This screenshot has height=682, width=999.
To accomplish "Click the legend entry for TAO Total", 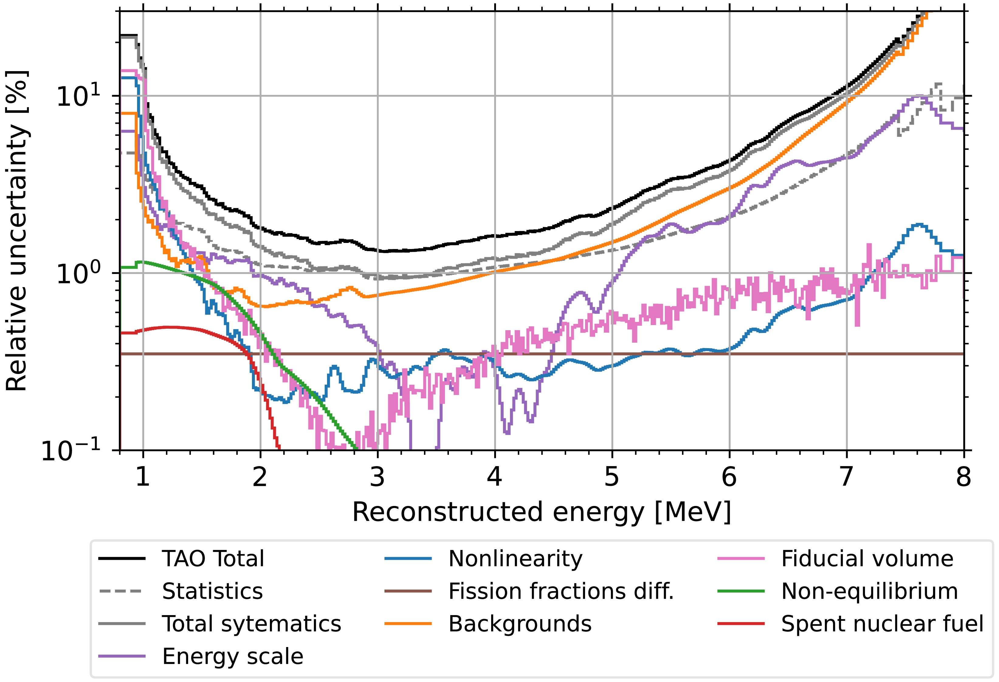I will point(213,559).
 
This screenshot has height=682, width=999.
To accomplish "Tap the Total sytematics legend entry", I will point(251,624).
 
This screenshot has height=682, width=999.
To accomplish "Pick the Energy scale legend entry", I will point(233,657).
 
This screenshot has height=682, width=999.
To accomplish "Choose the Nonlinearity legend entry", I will point(515,559).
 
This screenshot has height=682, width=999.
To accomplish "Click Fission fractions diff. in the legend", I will point(561,592).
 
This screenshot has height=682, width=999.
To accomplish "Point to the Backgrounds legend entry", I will point(520,624).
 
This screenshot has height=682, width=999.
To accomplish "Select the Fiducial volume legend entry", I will point(867,559).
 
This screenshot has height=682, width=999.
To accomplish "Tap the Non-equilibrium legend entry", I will point(869,592).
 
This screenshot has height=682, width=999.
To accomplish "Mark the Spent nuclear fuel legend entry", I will point(882,624).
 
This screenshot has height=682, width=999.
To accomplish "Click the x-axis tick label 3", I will point(377,477).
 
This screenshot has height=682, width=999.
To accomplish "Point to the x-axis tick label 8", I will point(964,477).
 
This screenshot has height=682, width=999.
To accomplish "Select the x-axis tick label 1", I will point(143,477).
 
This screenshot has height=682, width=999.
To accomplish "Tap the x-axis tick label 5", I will point(612,477).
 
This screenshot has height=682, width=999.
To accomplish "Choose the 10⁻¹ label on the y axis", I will point(71,452).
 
